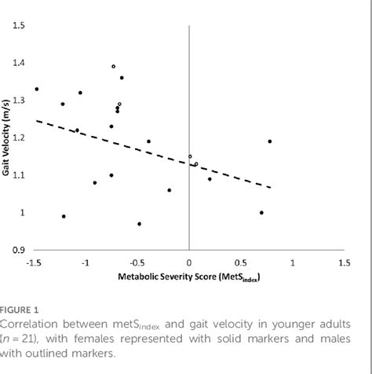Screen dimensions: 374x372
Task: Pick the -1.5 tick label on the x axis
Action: click(x=34, y=262)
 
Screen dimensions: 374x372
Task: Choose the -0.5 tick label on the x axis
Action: click(x=137, y=262)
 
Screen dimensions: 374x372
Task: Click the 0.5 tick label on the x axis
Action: click(x=240, y=262)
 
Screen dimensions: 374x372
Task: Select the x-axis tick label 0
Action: click(x=188, y=262)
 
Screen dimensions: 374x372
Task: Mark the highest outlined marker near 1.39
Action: click(x=114, y=67)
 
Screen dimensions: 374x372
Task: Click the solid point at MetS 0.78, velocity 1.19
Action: click(x=270, y=141)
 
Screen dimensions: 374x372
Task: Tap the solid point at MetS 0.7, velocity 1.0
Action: click(x=261, y=212)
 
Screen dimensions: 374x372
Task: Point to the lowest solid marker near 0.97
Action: click(x=139, y=224)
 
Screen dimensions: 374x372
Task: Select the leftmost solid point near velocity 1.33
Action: click(x=36, y=89)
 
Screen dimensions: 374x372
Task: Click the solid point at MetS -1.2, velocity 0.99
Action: click(x=64, y=216)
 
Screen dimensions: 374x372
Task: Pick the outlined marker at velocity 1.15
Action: click(x=190, y=156)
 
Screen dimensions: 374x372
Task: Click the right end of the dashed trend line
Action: click(x=270, y=187)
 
